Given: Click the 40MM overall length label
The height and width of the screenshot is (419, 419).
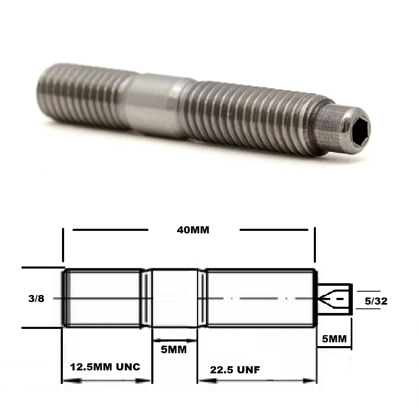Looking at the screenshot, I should [193, 230].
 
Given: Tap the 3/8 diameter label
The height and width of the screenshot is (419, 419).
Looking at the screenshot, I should [36, 298].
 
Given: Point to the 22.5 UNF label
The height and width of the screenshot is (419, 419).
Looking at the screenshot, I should [235, 370].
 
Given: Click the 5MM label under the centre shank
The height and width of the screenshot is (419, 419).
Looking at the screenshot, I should [173, 349].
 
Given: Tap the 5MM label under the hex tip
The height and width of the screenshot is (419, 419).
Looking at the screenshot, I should [334, 338].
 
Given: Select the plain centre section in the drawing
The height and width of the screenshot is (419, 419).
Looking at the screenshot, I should [174, 298].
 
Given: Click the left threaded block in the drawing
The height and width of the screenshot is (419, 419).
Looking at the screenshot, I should [103, 298].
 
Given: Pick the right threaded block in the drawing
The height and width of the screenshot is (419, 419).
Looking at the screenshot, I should [260, 298].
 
